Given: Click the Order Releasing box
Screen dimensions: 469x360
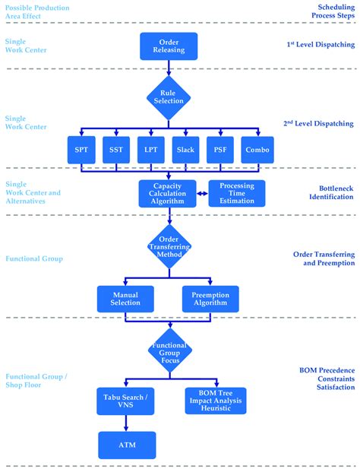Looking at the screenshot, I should tap(169, 46).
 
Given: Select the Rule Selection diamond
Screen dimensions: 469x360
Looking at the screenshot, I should tap(169, 97).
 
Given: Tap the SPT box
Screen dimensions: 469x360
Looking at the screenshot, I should tap(81, 150).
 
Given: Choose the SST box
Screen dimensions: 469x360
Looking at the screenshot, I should tap(115, 150).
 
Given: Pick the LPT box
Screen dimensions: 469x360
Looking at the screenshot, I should tap(151, 150).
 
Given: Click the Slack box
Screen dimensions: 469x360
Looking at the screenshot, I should tap(186, 150).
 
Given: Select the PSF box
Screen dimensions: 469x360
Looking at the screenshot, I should tap(221, 150).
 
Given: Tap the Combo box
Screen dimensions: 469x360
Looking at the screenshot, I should tap(257, 150).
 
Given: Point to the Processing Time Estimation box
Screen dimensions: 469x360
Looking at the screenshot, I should tap(237, 194).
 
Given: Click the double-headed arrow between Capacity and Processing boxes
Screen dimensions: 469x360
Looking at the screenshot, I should tap(202, 194).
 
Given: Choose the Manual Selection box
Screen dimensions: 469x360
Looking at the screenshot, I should tap(125, 298).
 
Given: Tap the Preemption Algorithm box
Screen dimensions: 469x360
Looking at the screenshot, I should tap(210, 298).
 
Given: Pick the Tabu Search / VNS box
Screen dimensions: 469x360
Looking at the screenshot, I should tap(126, 401).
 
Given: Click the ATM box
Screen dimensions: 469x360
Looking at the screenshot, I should tap(126, 445).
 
